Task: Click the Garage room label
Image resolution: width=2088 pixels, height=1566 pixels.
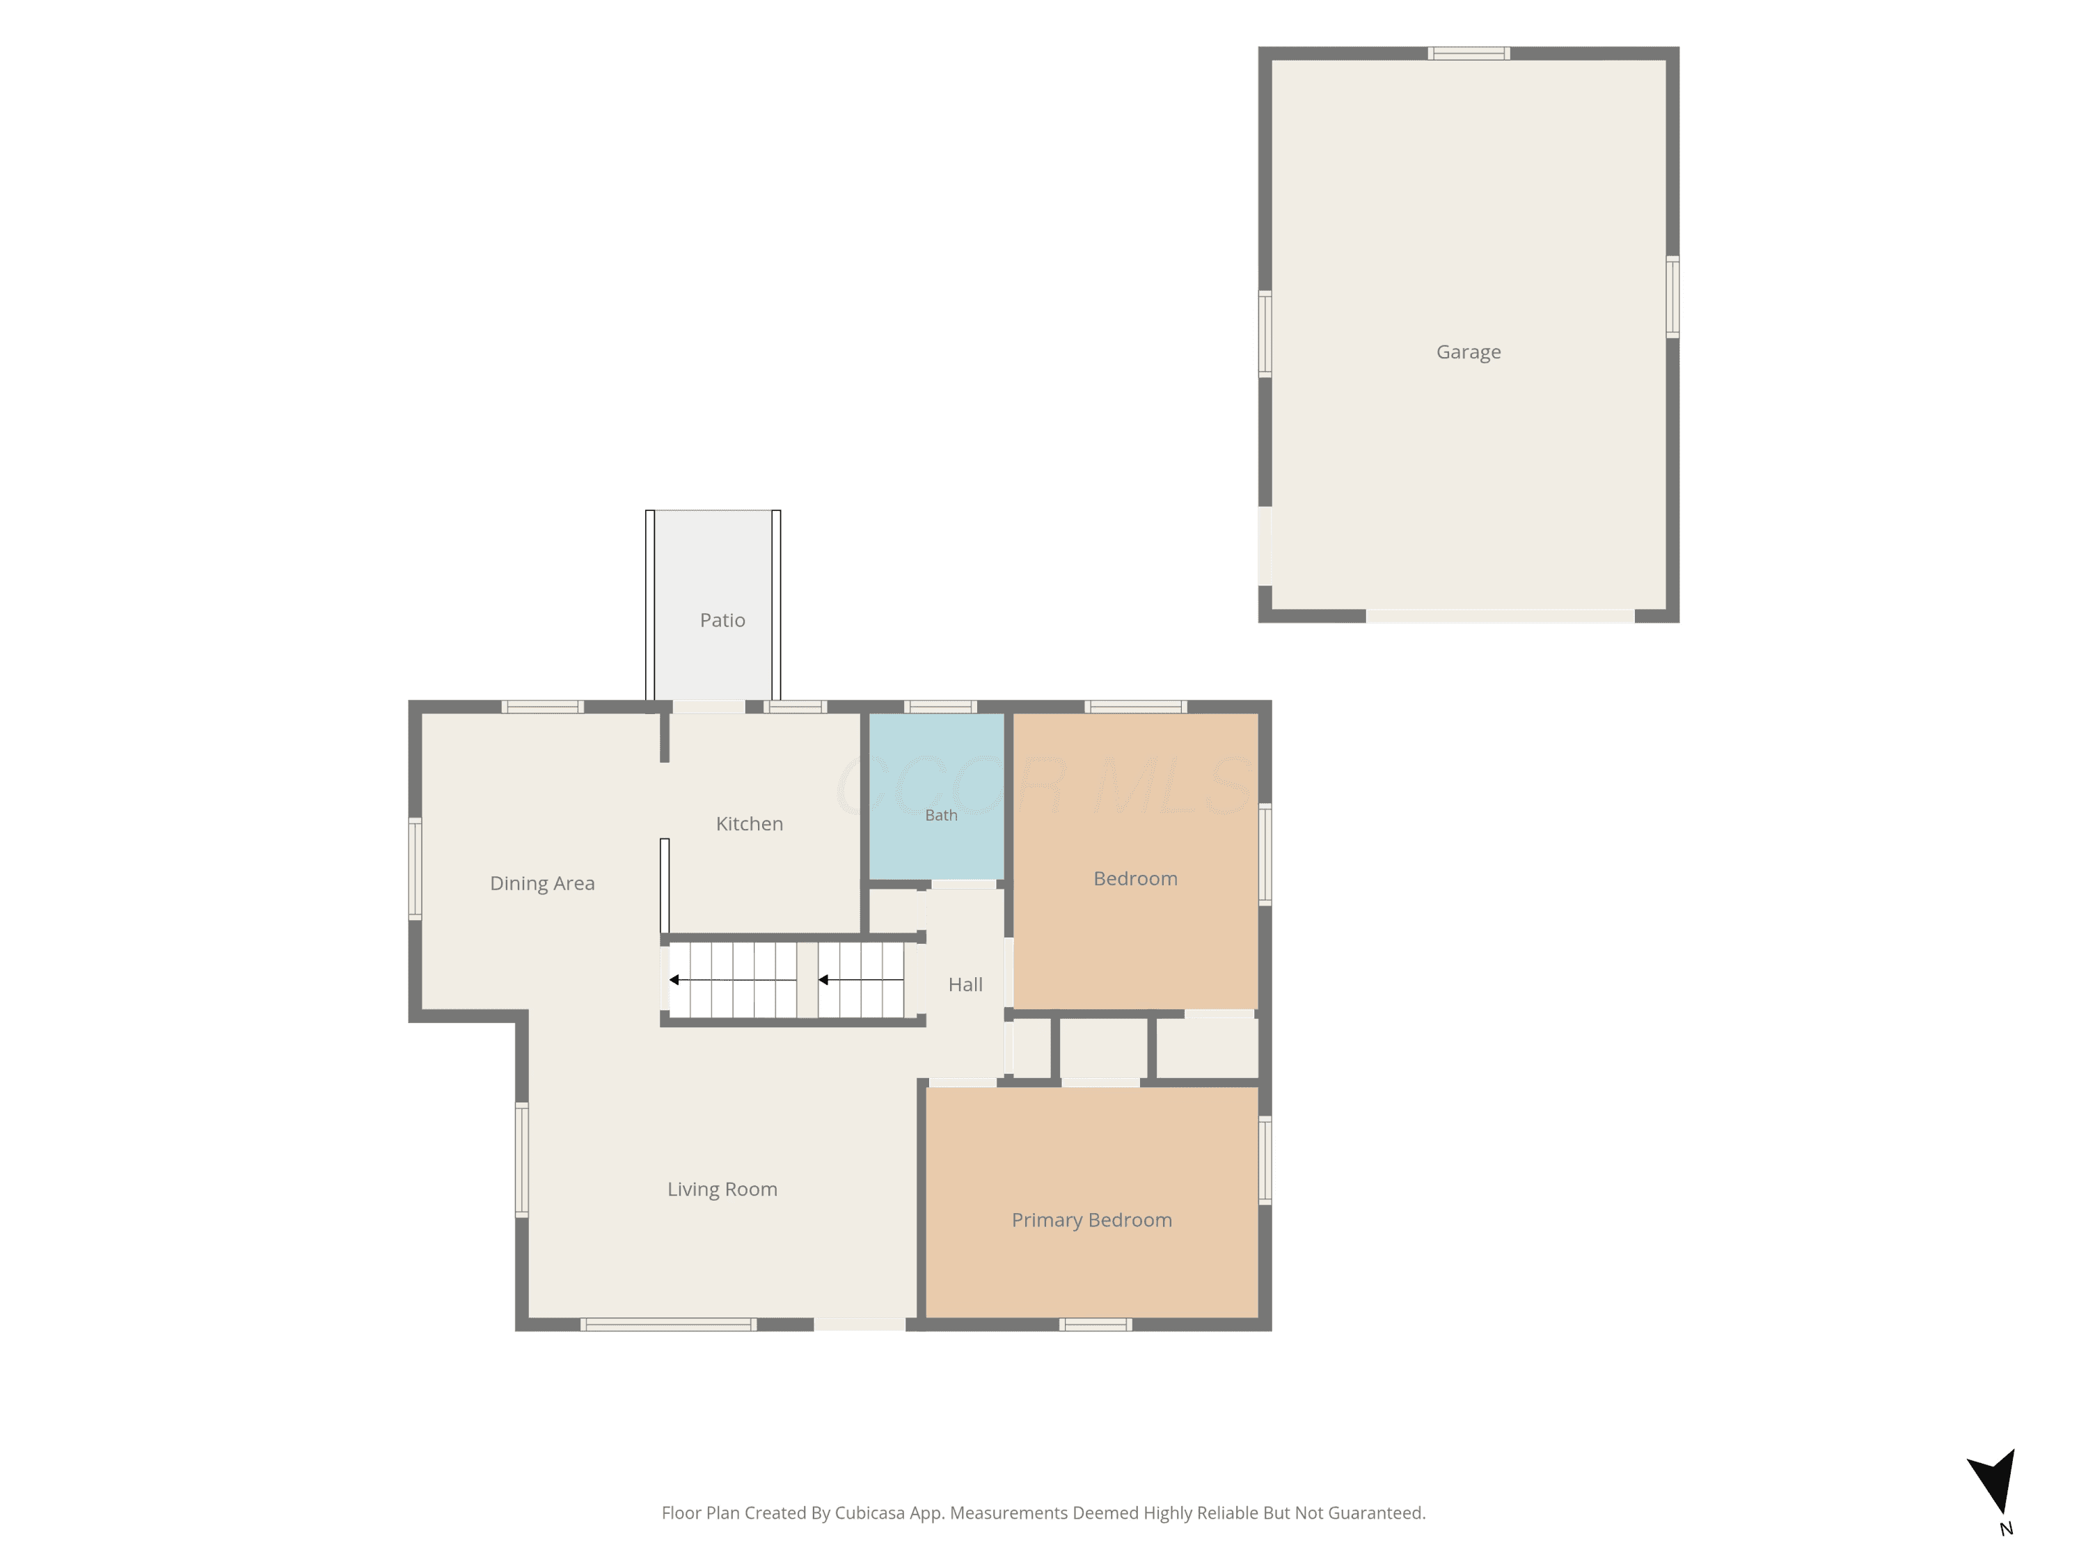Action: (x=1468, y=352)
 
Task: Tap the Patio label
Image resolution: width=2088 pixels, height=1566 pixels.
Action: (x=722, y=620)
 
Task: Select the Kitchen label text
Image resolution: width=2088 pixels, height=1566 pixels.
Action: (x=750, y=824)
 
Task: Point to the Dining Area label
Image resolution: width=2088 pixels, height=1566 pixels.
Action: (x=541, y=883)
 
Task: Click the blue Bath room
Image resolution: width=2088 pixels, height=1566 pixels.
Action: (x=936, y=796)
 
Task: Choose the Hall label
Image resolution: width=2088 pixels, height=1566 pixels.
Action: (x=965, y=985)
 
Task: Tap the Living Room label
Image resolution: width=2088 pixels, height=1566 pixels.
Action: (x=722, y=1189)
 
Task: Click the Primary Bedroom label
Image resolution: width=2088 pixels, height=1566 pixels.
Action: (x=1092, y=1221)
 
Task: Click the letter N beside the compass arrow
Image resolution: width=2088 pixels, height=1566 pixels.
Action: (x=2007, y=1529)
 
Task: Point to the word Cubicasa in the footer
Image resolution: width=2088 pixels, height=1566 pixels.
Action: (x=869, y=1513)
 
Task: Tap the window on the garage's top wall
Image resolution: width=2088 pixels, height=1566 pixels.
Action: (x=1468, y=54)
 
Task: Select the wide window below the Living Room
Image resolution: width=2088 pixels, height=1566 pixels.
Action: (x=668, y=1324)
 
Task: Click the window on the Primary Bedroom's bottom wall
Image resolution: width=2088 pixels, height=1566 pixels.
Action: (x=1095, y=1324)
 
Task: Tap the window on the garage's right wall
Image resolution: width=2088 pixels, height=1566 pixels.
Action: (x=1672, y=296)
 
